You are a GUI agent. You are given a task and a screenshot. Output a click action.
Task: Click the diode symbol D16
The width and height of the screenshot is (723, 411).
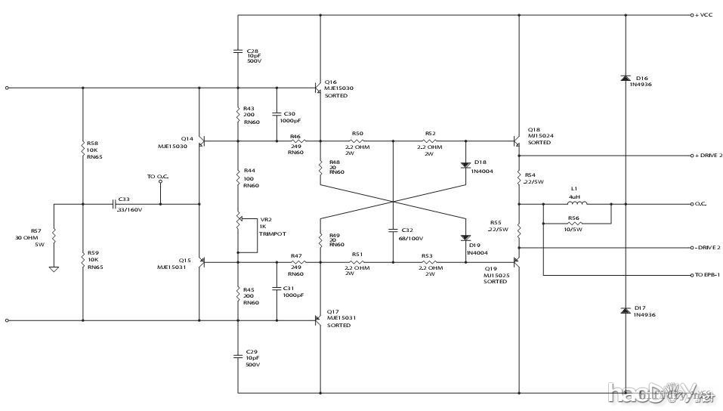click(626, 78)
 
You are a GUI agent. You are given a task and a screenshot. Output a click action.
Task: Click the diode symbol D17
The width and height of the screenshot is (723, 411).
click(626, 310)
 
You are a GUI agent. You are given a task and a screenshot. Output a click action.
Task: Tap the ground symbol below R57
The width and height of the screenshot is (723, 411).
click(54, 268)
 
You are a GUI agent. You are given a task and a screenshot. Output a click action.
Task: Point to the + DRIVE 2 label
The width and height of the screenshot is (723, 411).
click(708, 156)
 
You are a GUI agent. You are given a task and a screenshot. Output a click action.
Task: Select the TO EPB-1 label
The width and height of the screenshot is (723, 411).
click(709, 274)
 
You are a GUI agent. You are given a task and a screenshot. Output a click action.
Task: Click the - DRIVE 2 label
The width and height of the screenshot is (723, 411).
click(708, 247)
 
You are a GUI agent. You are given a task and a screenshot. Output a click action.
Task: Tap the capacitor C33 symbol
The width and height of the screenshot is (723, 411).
click(114, 203)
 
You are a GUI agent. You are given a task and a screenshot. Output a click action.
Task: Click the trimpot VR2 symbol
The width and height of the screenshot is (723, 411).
click(240, 221)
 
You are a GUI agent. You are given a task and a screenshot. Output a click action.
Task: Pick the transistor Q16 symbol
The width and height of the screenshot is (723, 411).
click(318, 88)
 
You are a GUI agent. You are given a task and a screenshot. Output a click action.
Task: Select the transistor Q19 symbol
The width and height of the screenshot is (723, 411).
click(517, 262)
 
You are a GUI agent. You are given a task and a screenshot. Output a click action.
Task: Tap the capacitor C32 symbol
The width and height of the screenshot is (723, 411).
click(394, 229)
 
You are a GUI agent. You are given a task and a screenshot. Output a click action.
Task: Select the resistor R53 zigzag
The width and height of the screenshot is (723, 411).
click(427, 262)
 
